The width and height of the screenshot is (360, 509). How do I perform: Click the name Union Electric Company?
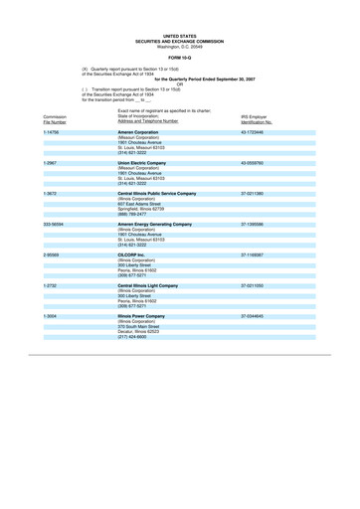pyautogui.click(x=147, y=162)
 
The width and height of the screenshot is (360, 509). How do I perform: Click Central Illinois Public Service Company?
pyautogui.click(x=164, y=193)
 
